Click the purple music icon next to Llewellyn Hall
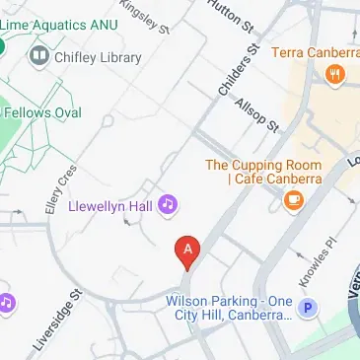click(169, 204)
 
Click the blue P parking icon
click(308, 309)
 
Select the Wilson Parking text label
click(229, 308)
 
